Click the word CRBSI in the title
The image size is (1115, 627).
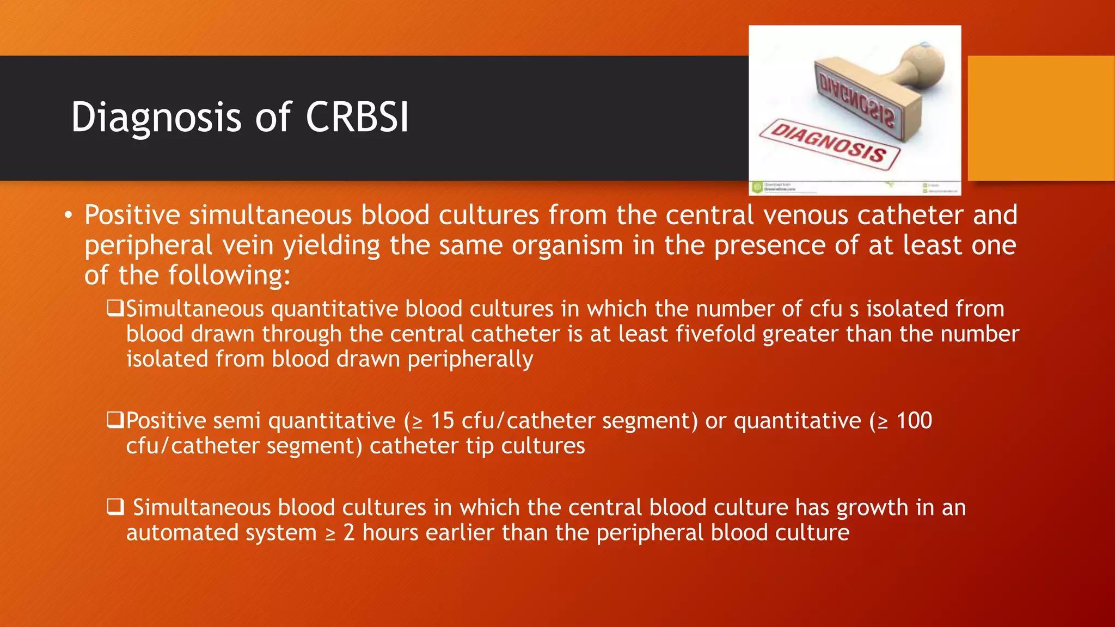point(357,117)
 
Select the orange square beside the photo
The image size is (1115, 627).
point(1040,118)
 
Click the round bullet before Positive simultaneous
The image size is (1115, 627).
point(68,216)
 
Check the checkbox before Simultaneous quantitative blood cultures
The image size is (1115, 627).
point(115,309)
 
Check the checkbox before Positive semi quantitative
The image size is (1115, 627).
point(115,420)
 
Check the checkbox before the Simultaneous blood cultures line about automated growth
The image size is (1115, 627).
point(115,507)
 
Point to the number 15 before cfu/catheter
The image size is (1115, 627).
point(442,421)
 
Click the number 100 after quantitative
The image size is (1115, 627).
point(914,421)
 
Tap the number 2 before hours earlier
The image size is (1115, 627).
point(349,532)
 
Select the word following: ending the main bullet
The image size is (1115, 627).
point(229,275)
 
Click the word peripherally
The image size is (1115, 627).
point(470,359)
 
